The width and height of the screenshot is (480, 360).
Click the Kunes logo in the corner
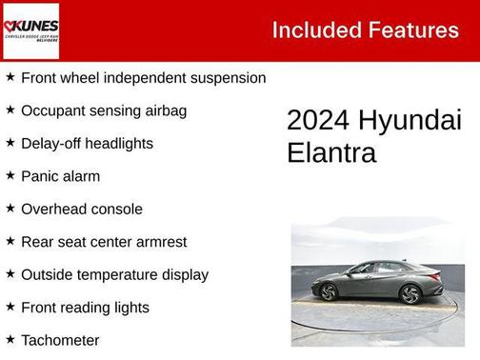coord(30,30)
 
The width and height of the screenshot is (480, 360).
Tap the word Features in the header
coord(413,30)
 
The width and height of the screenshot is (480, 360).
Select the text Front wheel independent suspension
coord(143,78)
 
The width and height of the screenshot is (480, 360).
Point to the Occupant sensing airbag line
coord(104,110)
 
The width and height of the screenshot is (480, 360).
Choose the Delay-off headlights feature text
coord(87,144)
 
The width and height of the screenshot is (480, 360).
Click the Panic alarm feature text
coord(60,176)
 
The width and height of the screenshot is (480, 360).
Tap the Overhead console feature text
coord(82,210)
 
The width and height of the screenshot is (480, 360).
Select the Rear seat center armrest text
coord(104,242)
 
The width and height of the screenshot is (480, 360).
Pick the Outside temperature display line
coord(114,274)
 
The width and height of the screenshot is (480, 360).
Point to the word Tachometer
coord(60,340)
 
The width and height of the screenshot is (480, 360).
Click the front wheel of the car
coord(410,294)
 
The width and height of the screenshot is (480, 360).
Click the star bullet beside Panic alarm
coord(10,176)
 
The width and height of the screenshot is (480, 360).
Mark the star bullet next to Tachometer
coord(10,339)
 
